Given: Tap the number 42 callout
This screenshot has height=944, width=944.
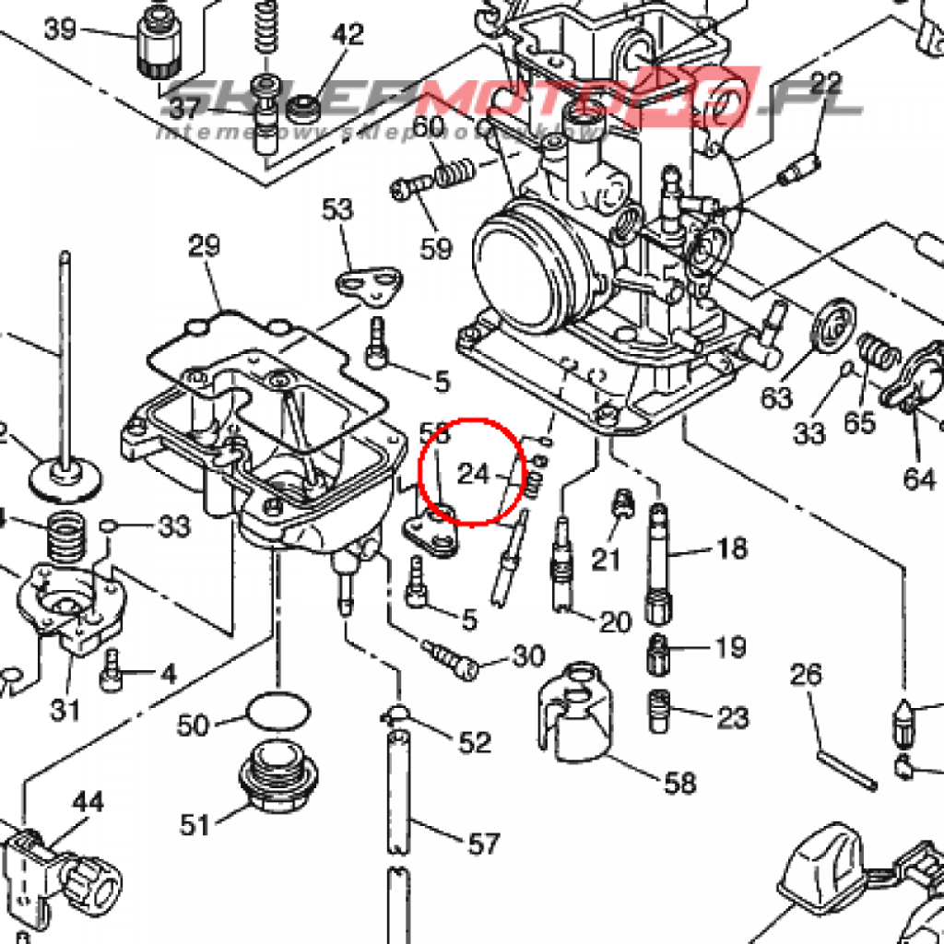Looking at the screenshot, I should [348, 36].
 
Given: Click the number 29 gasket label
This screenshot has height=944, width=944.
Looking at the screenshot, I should [205, 246].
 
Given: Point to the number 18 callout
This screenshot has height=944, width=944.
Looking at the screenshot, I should [732, 549].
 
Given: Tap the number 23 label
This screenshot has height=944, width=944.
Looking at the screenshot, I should [732, 716].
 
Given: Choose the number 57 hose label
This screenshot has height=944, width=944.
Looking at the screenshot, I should [483, 843].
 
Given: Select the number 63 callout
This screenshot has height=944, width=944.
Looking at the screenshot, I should [776, 398].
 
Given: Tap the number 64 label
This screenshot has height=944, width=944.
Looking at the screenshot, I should [918, 479].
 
